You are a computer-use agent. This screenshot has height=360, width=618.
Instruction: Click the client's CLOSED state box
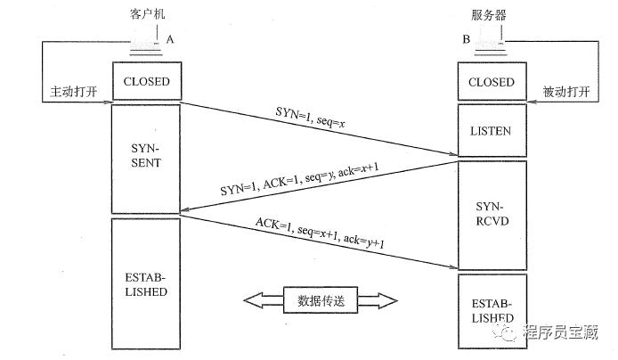point(145,82)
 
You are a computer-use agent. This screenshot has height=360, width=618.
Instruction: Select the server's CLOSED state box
point(491,82)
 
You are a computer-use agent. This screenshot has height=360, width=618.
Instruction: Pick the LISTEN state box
point(491,131)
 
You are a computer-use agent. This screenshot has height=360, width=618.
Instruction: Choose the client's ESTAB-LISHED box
point(145,284)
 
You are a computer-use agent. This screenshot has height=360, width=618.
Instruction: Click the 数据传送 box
point(319,300)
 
